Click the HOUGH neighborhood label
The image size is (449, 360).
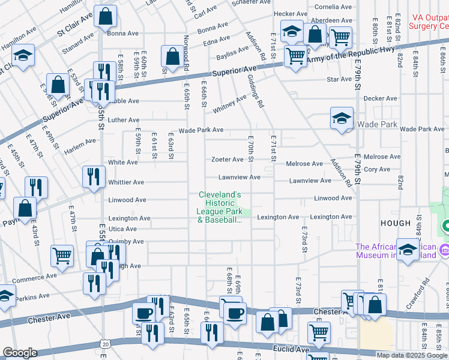pyautogui.click(x=395, y=223)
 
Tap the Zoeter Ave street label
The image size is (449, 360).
pyautogui.click(x=226, y=160)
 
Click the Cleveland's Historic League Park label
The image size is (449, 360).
pyautogui.click(x=220, y=208)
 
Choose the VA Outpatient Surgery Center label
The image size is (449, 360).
pyautogui.click(x=428, y=22)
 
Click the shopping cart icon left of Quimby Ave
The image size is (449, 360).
pyautogui.click(x=62, y=256)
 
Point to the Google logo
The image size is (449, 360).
pyautogui.click(x=20, y=353)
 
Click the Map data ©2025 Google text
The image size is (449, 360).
pyautogui.click(x=411, y=355)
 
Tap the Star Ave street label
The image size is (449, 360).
pyautogui.click(x=339, y=79)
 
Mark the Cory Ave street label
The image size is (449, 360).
pyautogui.click(x=377, y=170)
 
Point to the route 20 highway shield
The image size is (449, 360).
pyautogui.click(x=106, y=344)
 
